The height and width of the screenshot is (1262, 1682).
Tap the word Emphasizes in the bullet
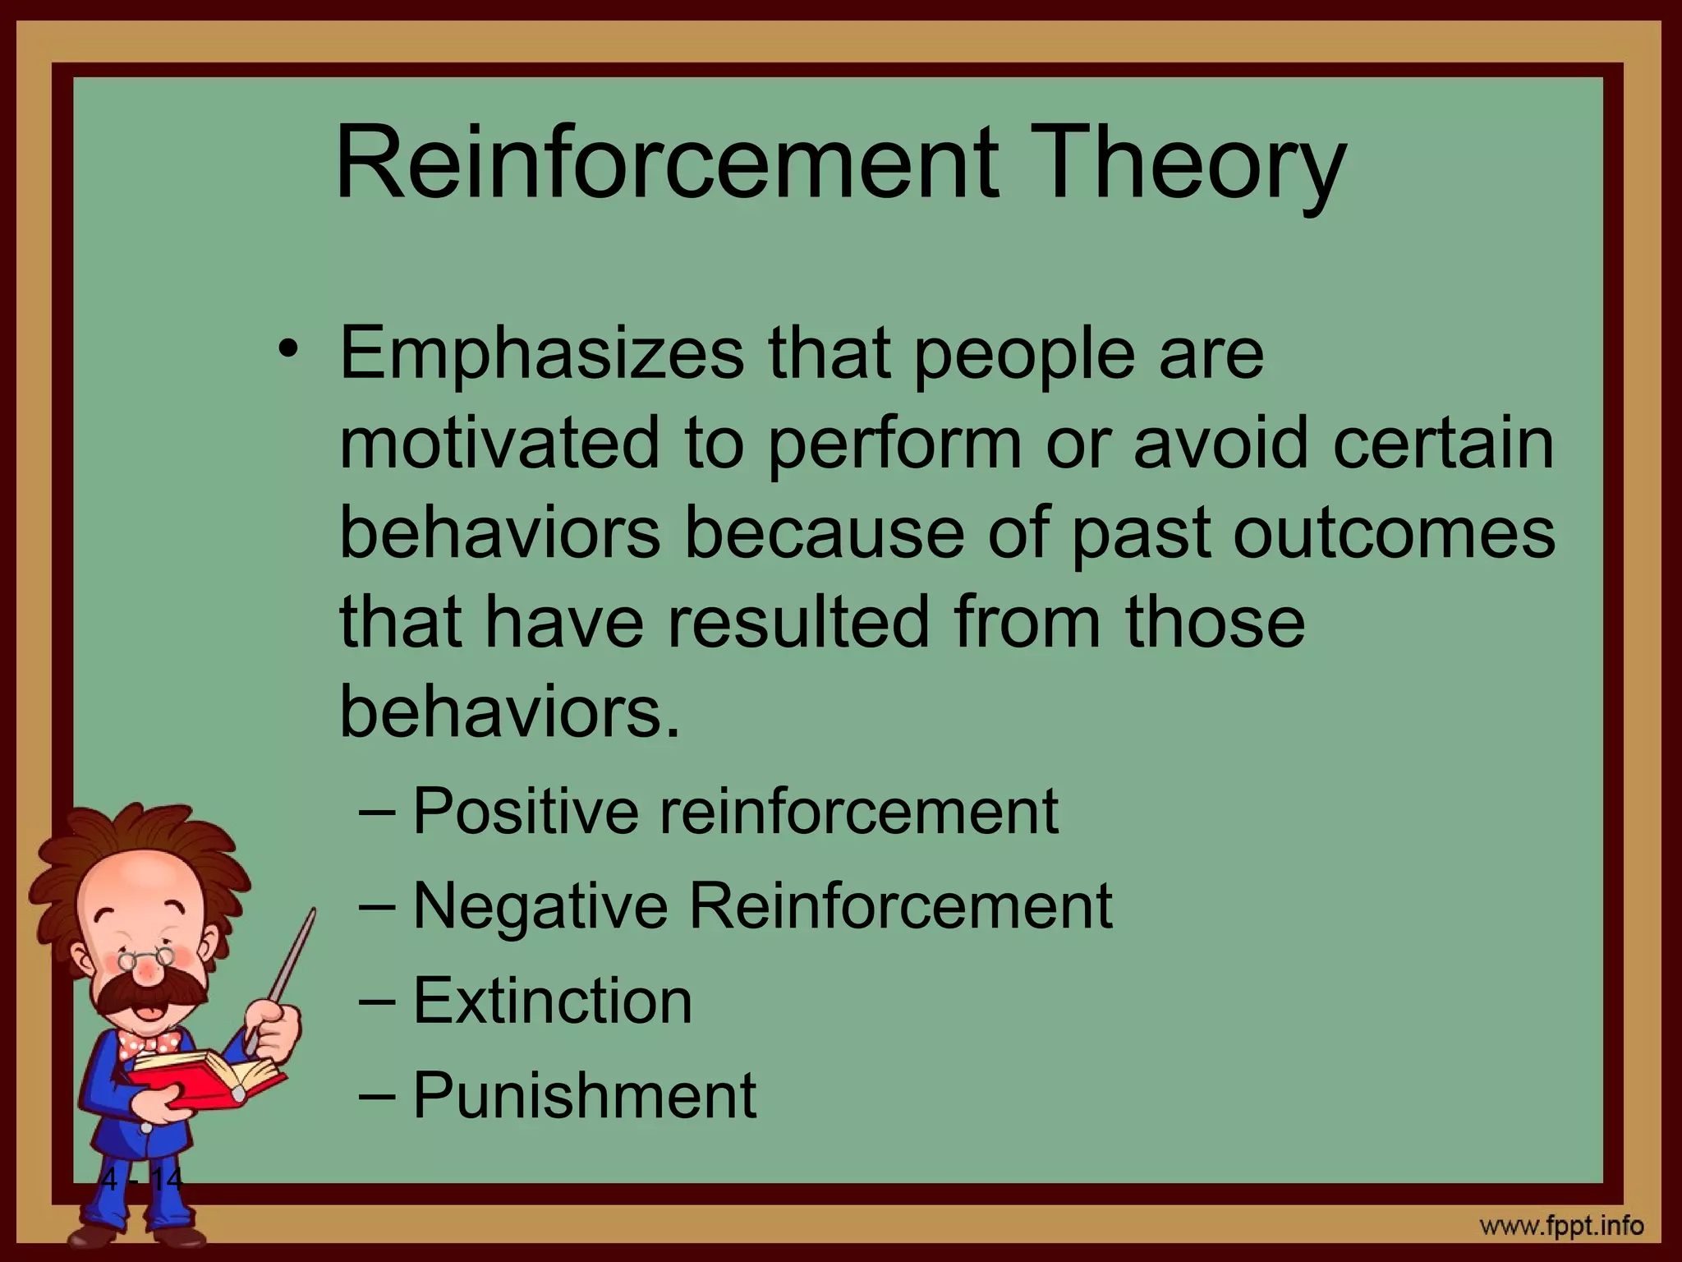pyautogui.click(x=542, y=355)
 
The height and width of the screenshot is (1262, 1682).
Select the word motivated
pyautogui.click(x=499, y=444)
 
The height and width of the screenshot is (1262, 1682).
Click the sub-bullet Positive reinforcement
pyautogui.click(x=734, y=812)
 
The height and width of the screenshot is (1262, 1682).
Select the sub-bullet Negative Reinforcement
pyautogui.click(x=762, y=905)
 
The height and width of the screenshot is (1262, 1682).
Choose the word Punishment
pyautogui.click(x=584, y=1095)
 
